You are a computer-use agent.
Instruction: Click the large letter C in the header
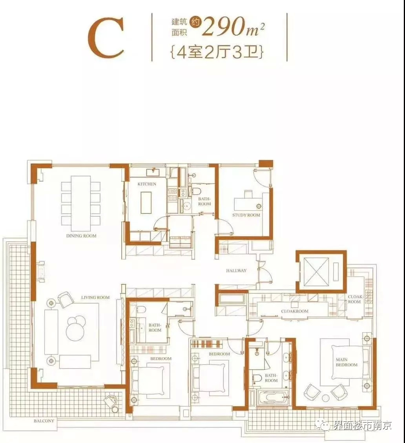106,38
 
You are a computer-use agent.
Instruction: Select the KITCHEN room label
147,184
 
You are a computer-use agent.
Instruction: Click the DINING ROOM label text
82,236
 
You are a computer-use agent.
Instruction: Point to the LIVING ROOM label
95,297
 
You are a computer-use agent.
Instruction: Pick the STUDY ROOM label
246,215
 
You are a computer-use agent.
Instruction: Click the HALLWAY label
236,270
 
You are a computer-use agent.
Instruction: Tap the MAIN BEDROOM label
347,362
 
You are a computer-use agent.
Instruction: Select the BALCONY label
44,421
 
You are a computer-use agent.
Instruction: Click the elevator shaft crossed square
316,271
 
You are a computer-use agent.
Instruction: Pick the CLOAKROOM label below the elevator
295,311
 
